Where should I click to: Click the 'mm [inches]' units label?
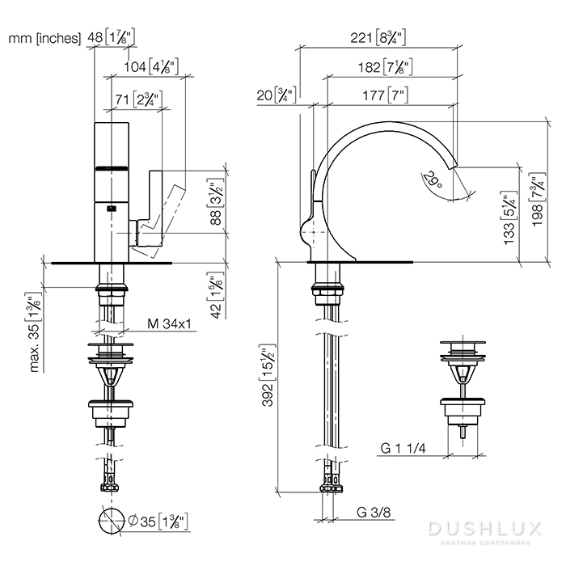pos(44,38)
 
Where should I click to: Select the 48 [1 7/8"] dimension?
pos(114,38)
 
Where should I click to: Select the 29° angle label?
pos(434,180)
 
